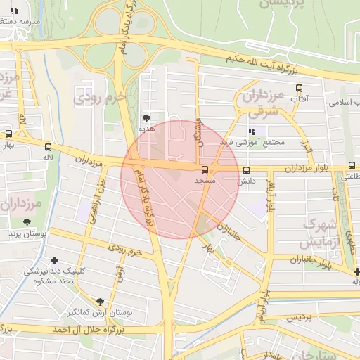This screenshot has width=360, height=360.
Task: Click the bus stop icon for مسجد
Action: (x=205, y=170)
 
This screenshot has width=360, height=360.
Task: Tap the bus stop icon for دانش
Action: (x=246, y=170)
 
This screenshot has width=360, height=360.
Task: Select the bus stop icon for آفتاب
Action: (x=300, y=89)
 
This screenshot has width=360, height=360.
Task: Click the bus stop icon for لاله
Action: (x=48, y=147)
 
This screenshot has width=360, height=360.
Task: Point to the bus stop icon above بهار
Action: (x=8, y=134)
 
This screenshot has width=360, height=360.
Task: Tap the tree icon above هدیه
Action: (x=146, y=117)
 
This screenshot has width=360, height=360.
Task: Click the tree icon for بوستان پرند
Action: (x=27, y=222)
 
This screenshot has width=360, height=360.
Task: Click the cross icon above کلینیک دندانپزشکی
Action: (x=55, y=250)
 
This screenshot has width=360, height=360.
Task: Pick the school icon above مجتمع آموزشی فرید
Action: (x=252, y=131)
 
